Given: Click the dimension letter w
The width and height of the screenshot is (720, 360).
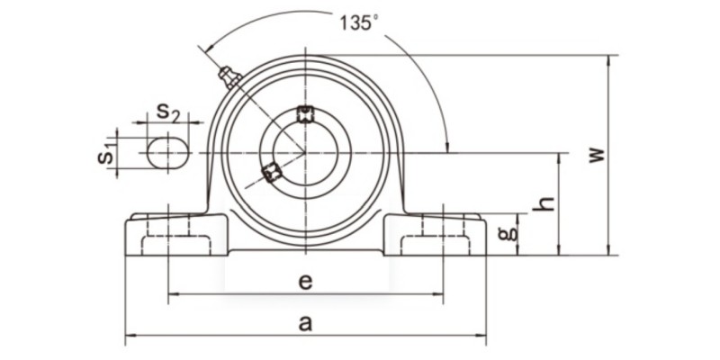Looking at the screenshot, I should (596, 155).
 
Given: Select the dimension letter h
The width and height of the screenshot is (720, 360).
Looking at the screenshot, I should (543, 204).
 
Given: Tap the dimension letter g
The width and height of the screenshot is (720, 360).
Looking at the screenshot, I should (508, 234).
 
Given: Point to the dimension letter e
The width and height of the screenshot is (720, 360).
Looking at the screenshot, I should (305, 282).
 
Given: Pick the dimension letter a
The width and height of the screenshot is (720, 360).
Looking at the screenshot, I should (305, 324).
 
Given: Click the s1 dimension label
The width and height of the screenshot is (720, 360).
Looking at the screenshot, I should (106, 151).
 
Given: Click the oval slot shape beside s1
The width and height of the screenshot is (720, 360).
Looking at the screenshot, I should (168, 152).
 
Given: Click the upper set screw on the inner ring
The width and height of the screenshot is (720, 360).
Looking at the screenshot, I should (305, 112).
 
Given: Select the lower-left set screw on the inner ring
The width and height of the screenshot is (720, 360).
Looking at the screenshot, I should (271, 172).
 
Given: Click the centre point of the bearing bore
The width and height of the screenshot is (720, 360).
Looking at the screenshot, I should (305, 152).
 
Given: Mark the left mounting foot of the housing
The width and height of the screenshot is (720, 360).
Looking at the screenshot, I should (171, 236).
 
